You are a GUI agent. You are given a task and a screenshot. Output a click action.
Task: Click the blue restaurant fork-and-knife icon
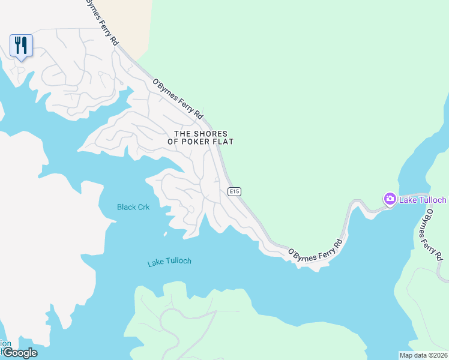point(21,45)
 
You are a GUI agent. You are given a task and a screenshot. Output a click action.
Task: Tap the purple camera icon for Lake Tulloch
point(390,199)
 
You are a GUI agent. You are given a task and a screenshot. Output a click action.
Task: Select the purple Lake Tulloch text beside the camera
point(423,199)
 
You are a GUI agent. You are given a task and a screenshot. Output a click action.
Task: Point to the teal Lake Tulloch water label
point(169,262)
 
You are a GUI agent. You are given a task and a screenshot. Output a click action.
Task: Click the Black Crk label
point(133,207)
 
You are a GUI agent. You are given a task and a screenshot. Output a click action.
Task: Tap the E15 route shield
point(234,191)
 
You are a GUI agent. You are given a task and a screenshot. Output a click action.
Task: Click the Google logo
point(19,352)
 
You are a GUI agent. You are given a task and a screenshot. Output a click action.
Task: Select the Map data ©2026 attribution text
point(423,355)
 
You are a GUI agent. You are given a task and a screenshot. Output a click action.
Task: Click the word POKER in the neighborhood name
point(199,142)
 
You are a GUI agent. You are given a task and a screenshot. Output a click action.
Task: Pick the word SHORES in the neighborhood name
point(209,133)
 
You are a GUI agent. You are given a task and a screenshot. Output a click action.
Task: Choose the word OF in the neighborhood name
point(179,142)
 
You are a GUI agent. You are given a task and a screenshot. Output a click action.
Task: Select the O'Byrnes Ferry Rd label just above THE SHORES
point(178,98)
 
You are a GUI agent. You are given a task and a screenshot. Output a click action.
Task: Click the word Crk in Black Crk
point(143,207)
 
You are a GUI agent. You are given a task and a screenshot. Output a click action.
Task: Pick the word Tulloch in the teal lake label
point(180,262)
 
